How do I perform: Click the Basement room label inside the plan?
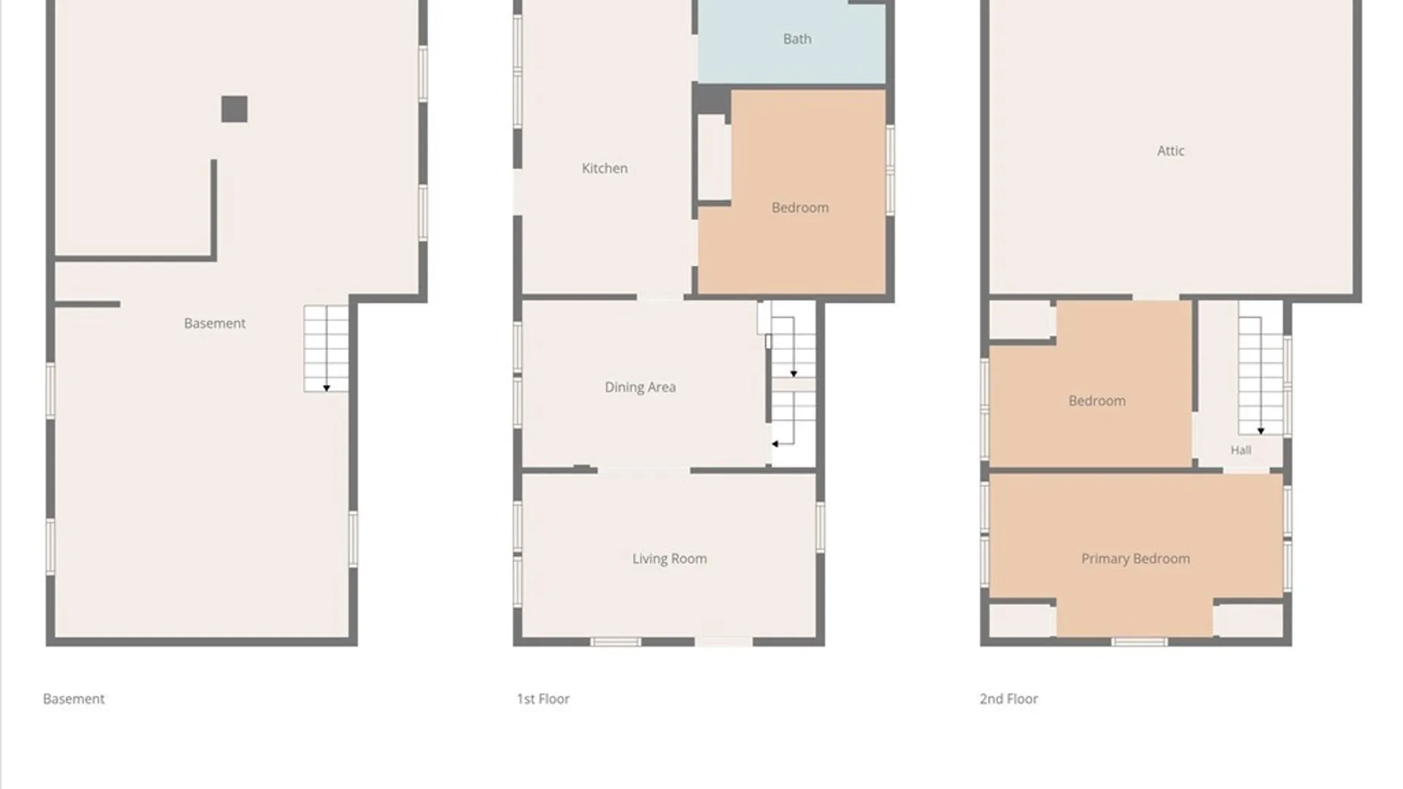point(215,323)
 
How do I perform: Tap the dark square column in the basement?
point(235,110)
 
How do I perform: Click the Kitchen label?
point(604,168)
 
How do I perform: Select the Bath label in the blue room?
point(797,39)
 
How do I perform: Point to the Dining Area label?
point(640,387)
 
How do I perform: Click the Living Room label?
point(669,559)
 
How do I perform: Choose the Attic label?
point(1171,150)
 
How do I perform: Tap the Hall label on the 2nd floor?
point(1241,450)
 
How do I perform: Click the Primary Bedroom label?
point(1136,559)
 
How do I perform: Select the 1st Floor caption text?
point(543,698)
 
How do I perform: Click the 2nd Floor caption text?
point(1008,698)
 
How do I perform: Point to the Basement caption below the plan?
point(74,698)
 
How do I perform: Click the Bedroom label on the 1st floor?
point(800,207)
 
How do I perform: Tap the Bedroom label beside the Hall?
point(1097,401)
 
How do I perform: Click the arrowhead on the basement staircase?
point(327,388)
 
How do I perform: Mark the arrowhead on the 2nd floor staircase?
point(1261,431)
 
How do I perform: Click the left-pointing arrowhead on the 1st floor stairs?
point(775,443)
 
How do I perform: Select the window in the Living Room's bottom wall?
point(616,642)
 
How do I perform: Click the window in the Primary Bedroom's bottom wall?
point(1139,642)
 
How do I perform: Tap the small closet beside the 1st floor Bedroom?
point(714,157)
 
